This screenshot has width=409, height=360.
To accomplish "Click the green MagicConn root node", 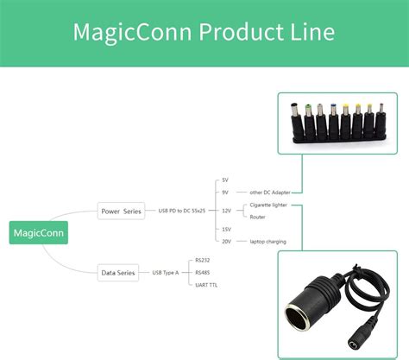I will pos(37,232).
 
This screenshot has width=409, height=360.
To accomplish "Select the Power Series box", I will pos(121,211).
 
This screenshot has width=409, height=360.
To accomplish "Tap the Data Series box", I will pos(119,273).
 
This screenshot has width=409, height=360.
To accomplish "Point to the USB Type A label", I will pos(166,273).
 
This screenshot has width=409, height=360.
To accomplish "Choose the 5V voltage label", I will pos(225,180).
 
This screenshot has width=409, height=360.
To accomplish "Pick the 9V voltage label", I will pos(225,192).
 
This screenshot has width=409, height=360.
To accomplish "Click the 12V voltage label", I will pos(226,211).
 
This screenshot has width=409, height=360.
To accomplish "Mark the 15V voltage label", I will pos(226,229).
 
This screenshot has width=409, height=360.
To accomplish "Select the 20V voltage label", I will pos(226,242).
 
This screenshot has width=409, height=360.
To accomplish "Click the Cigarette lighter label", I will pos(268,205).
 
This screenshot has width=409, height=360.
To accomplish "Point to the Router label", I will pos(257,217).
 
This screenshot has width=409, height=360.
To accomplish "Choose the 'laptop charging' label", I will pos(267,242).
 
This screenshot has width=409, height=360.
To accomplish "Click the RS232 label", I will pos(203,260).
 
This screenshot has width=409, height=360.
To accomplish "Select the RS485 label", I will pos(203,273).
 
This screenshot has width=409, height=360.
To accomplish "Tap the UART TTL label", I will pos(205,285).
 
